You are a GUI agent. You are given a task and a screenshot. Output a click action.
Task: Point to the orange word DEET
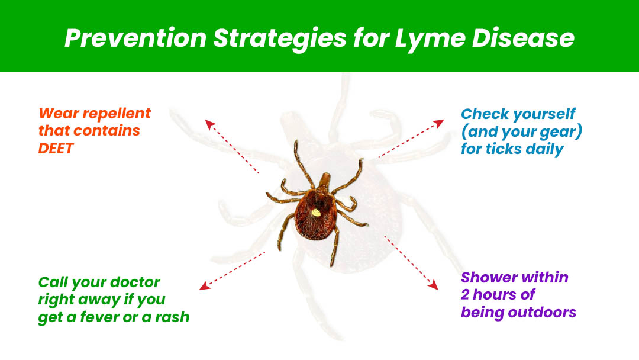pos(56,148)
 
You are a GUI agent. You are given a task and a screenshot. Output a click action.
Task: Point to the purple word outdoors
pos(544,312)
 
